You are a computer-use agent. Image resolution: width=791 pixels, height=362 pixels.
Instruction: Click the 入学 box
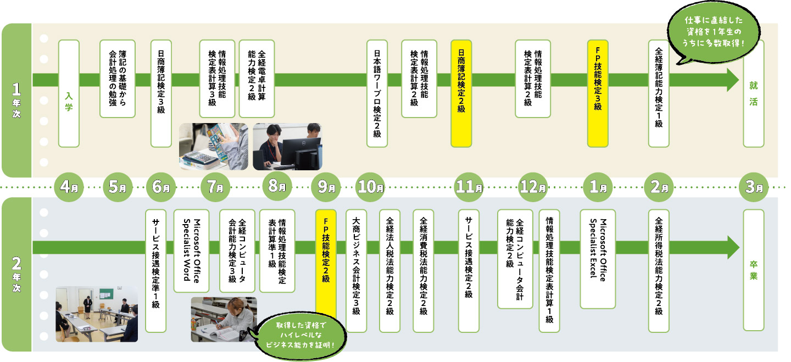click(68, 93)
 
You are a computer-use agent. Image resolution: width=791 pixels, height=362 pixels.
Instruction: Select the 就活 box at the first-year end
click(753, 93)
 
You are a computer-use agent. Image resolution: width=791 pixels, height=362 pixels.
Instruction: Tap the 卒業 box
click(753, 270)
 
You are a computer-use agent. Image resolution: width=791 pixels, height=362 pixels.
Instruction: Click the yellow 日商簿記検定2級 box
click(461, 93)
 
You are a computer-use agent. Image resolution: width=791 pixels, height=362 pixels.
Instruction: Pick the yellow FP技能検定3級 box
click(598, 93)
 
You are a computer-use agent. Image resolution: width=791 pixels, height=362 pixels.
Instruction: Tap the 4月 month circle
click(68, 187)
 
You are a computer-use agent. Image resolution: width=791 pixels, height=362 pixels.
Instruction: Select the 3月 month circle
click(753, 187)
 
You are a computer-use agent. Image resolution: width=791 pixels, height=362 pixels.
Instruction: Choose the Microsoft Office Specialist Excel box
click(598, 258)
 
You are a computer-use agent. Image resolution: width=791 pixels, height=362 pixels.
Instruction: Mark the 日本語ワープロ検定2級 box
click(377, 93)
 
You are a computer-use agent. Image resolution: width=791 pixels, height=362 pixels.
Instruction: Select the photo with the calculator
click(214, 146)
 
